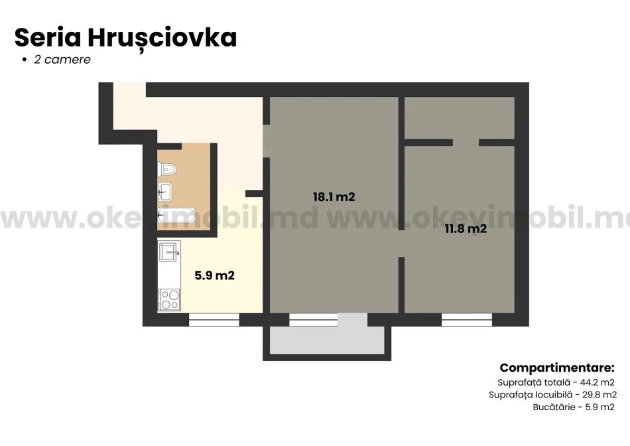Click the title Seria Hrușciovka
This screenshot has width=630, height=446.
[125, 38]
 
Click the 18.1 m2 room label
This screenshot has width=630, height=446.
[334, 196]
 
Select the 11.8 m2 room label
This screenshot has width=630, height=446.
[466, 230]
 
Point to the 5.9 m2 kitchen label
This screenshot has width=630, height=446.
[214, 275]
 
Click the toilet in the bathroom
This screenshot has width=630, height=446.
[166, 169]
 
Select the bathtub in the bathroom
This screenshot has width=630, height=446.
[176, 215]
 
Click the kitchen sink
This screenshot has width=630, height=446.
[170, 250]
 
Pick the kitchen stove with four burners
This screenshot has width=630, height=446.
[169, 300]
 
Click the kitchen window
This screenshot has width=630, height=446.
[214, 320]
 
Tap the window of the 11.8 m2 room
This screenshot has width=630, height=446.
[467, 320]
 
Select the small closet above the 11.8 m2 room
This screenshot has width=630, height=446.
[460, 117]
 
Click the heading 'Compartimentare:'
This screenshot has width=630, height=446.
[557, 368]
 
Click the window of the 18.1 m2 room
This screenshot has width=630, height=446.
[314, 320]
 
